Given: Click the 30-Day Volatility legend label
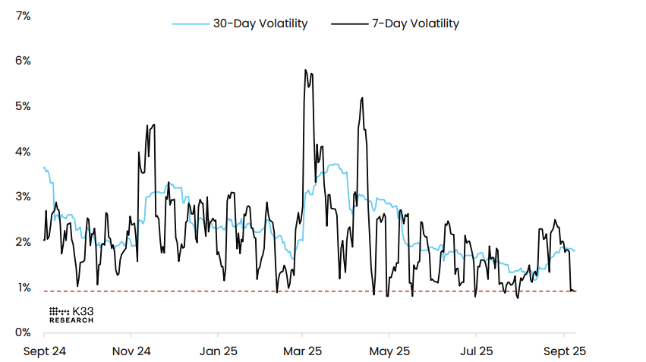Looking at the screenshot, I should pos(260,24).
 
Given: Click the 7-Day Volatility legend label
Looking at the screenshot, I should pos(414,24).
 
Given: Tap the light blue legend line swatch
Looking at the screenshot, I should pos(190,24).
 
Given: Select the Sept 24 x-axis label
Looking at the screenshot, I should pos(45,351).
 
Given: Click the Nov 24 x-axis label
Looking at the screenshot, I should pos(131,351).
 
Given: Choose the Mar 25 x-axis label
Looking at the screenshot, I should pos(303,351).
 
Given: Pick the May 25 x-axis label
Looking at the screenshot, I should pos(389,351).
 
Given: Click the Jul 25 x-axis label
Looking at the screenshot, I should pos(476,351).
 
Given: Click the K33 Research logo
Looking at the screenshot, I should pos(71,315).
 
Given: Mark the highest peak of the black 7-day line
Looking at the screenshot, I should pos(305,70).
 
